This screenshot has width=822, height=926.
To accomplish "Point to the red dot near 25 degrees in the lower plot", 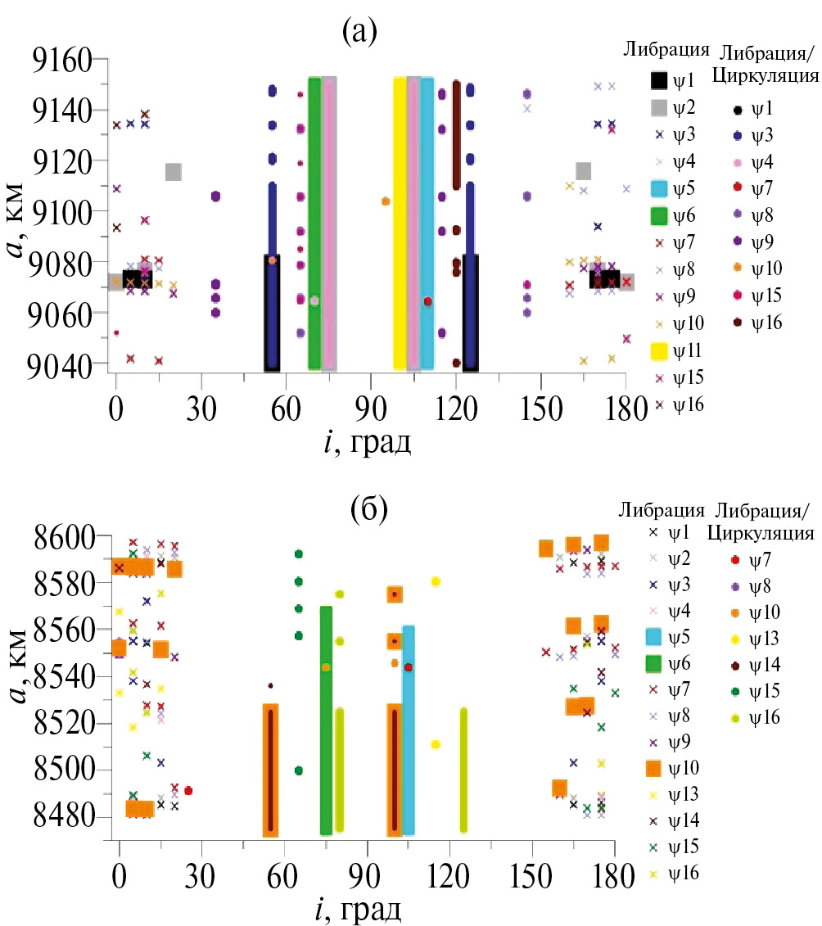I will pos(188,791).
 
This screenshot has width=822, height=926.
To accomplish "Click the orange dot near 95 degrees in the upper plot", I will pos(386,201).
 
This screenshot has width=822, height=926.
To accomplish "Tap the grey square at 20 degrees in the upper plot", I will pos(173,172).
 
